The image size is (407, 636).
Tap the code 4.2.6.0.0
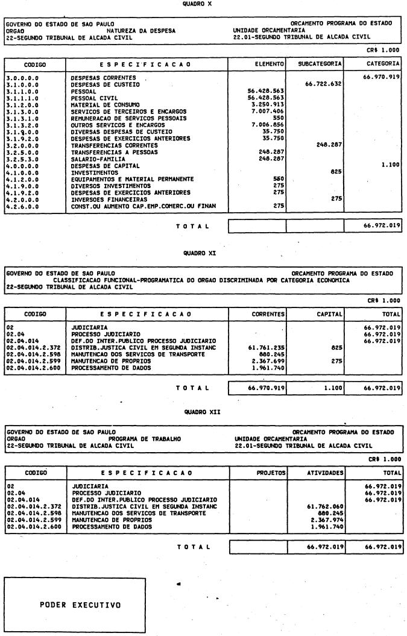click(x=22, y=206)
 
